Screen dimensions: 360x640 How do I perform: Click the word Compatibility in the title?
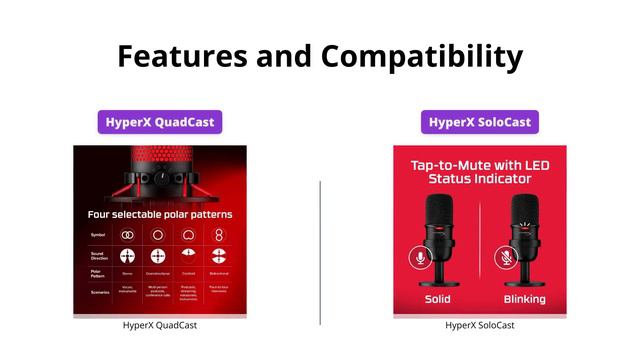point(421,55)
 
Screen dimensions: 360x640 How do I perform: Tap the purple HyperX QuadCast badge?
point(159,123)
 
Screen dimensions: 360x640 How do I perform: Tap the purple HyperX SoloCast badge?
point(479,123)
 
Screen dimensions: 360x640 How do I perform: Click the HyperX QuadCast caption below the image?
point(159,325)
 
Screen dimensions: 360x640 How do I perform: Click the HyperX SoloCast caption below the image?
point(479,325)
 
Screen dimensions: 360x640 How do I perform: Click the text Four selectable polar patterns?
point(159,214)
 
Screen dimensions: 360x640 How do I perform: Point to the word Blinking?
point(524,299)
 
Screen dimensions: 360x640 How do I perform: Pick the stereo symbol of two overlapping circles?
point(128,234)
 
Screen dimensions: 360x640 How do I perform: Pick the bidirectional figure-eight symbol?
point(220,234)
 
